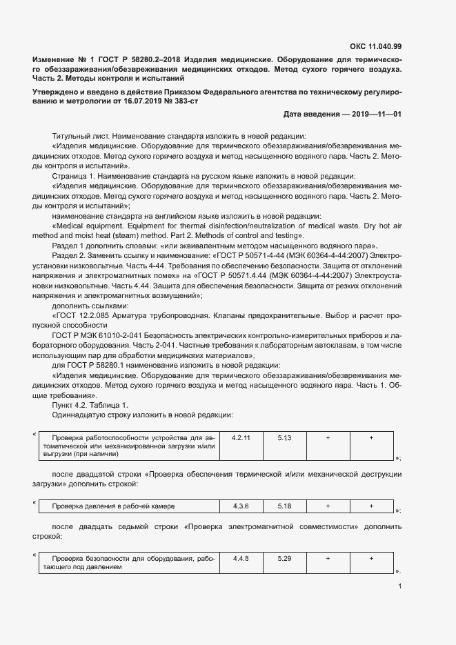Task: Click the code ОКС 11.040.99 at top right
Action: coord(375,47)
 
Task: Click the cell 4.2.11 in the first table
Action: coord(241,438)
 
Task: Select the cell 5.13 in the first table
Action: coord(284,438)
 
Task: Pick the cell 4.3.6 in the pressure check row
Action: coord(241,506)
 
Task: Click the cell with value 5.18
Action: coord(284,506)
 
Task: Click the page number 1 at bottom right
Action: coord(399,587)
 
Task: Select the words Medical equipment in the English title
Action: coord(86,226)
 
